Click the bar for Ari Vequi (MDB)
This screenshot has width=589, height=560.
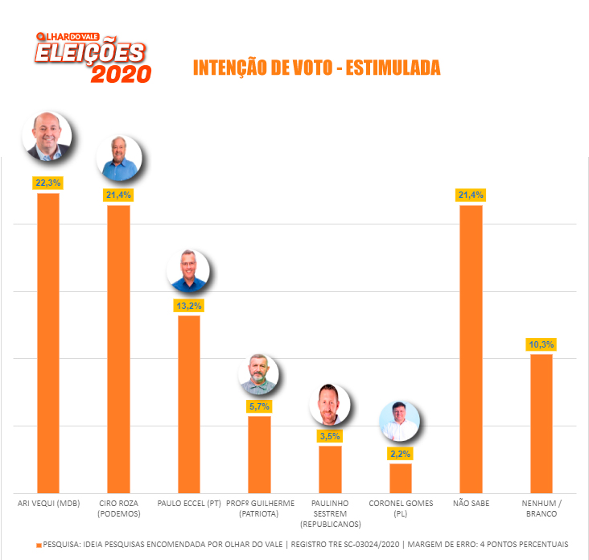[48, 343]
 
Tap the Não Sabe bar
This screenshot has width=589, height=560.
[471, 349]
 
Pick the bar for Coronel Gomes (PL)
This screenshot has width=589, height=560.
[401, 478]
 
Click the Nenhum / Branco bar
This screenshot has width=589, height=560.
[542, 423]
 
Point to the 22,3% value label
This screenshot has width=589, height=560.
[47, 183]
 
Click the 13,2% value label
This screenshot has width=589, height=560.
[189, 306]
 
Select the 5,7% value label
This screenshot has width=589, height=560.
[259, 406]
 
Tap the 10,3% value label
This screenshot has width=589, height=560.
[542, 344]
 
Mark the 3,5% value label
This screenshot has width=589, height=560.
[330, 436]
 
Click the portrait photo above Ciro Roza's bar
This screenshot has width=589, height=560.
[119, 159]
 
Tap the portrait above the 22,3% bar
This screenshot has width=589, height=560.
[49, 134]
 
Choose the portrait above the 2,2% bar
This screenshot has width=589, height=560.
[400, 422]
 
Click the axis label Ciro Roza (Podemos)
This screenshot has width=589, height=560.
[118, 509]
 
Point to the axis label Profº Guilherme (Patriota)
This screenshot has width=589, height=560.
[259, 509]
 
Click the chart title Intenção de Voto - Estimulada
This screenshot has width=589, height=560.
[317, 68]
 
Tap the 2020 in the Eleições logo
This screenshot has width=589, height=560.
[121, 74]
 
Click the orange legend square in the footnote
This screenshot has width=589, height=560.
[38, 545]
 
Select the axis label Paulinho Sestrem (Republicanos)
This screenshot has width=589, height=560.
[330, 513]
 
